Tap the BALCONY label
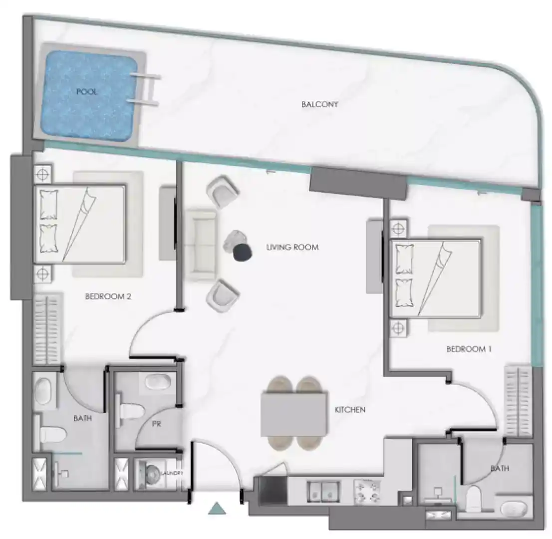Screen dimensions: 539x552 (320, 105)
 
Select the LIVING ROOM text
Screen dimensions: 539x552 (292, 248)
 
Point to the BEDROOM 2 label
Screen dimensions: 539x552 (108, 296)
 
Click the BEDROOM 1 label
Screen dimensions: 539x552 (469, 349)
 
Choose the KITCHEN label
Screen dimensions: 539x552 (350, 410)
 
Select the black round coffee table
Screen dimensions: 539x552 (243, 253)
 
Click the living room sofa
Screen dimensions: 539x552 (201, 245)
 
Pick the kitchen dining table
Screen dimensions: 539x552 (294, 414)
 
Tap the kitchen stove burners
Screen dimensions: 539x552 (367, 491)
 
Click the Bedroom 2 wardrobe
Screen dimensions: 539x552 (47, 328)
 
